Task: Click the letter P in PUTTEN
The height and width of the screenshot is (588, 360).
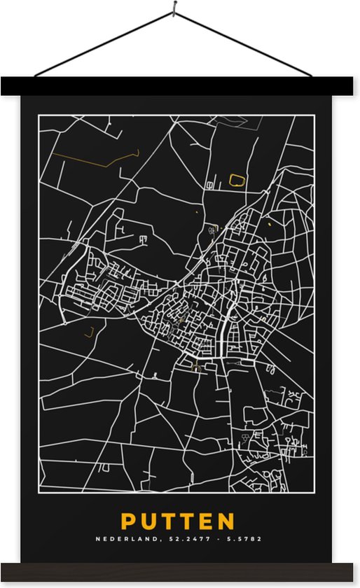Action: pyautogui.click(x=129, y=522)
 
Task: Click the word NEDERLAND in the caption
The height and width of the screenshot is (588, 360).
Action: pyautogui.click(x=121, y=540)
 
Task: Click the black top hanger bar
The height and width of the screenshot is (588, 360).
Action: pyautogui.click(x=180, y=86)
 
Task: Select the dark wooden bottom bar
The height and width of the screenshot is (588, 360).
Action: pyautogui.click(x=180, y=572)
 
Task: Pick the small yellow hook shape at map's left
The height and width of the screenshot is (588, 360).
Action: pyautogui.click(x=89, y=332)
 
